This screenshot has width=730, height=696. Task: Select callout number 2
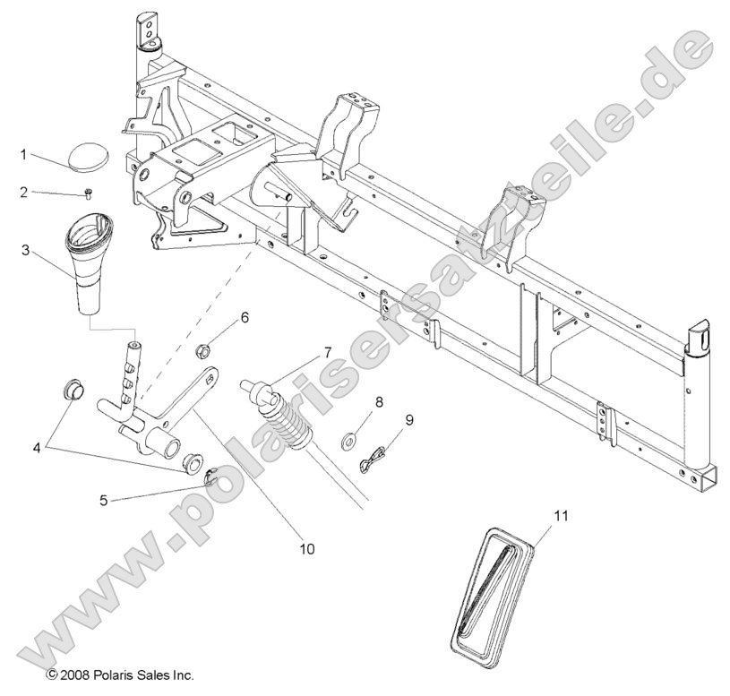pyautogui.click(x=25, y=192)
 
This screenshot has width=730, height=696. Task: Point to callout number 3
pyautogui.click(x=25, y=250)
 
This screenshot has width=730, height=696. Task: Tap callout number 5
pyautogui.click(x=103, y=501)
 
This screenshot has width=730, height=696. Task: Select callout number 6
pyautogui.click(x=243, y=317)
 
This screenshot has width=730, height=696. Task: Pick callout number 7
pyautogui.click(x=302, y=351)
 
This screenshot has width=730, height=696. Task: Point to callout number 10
pyautogui.click(x=307, y=548)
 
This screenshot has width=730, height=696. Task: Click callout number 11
pyautogui.click(x=536, y=517)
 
